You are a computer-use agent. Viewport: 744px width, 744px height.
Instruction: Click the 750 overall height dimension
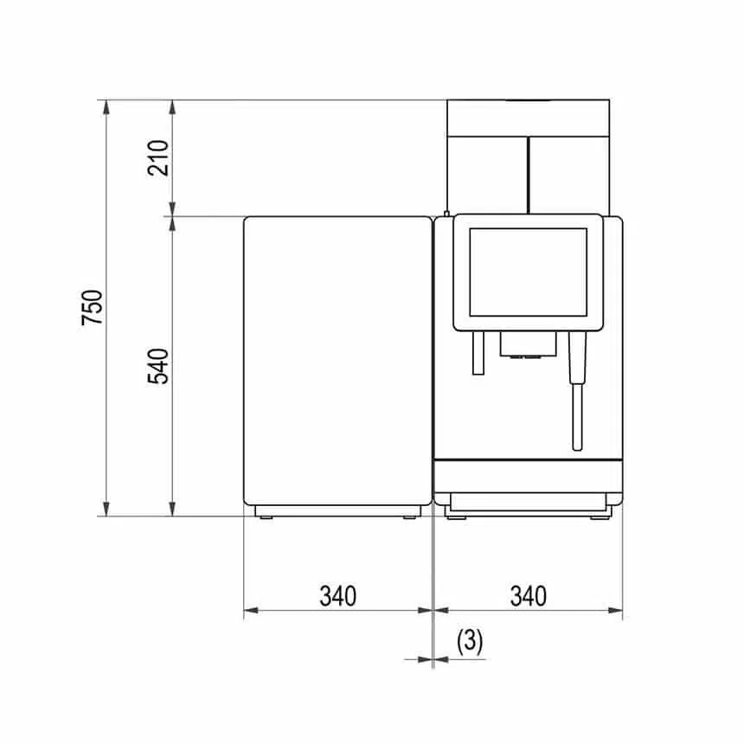[93, 307]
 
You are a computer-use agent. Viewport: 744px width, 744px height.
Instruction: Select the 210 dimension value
[159, 157]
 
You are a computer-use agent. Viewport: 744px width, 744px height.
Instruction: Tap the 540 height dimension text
[159, 366]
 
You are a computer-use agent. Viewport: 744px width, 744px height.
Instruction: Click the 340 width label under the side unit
[337, 596]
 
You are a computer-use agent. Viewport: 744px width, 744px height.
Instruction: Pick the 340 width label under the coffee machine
[528, 596]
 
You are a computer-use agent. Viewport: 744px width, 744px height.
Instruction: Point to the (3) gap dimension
[469, 641]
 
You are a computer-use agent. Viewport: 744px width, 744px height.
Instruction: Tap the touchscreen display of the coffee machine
[527, 272]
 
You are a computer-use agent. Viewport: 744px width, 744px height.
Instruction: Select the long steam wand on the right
[577, 389]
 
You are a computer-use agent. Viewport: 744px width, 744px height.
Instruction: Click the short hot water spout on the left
[477, 355]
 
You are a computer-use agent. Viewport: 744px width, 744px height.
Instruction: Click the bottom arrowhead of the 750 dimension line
[106, 510]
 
